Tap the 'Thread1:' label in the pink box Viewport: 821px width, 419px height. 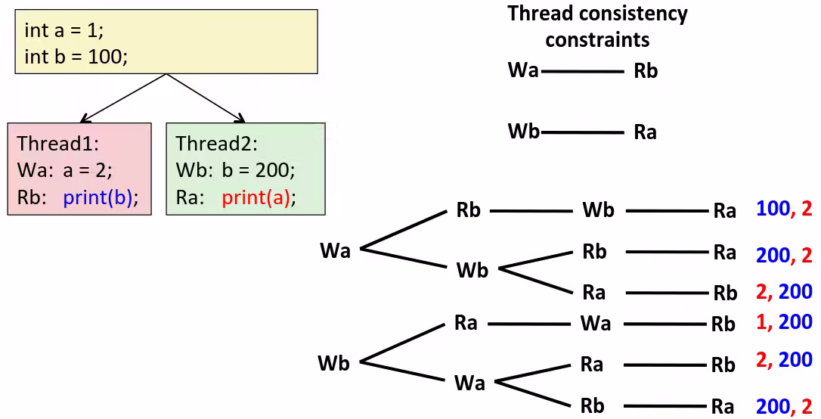pos(58,144)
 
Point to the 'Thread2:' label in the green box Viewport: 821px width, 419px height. pos(217,144)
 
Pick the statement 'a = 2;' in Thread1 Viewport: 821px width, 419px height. pos(88,171)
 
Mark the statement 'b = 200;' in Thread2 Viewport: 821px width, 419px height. pos(259,171)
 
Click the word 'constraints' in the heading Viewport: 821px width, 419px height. pos(597,39)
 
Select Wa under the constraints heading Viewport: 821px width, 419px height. pos(523,71)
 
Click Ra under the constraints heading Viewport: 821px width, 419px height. pos(645,133)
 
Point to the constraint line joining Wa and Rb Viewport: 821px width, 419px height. pos(582,72)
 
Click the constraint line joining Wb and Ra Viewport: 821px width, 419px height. pos(582,133)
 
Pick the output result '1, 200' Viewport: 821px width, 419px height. pos(784,322)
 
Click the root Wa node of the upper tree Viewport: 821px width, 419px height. pos(335,250)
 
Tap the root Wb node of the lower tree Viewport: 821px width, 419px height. pos(333,363)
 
